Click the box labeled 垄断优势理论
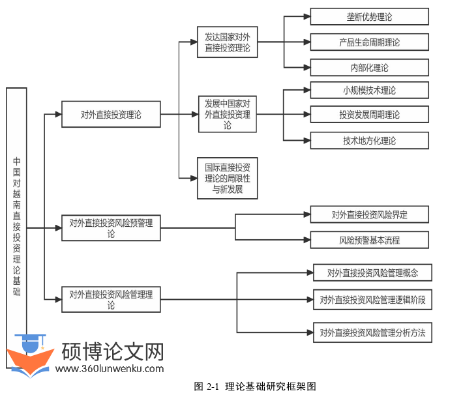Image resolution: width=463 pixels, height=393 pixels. click(x=369, y=16)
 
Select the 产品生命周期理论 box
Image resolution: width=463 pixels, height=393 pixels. click(x=369, y=42)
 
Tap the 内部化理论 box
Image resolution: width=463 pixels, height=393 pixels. click(x=369, y=68)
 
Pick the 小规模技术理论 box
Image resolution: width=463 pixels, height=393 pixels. click(x=369, y=90)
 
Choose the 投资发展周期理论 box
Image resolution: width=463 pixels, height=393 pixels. click(x=369, y=115)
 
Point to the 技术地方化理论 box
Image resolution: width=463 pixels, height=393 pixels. click(x=369, y=140)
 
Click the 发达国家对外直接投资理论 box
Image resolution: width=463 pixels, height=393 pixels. click(x=227, y=43)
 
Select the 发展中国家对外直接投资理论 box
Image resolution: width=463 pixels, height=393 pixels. click(x=227, y=115)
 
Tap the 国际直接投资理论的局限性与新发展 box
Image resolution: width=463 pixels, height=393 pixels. click(x=227, y=177)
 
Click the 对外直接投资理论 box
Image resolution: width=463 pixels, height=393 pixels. click(x=111, y=115)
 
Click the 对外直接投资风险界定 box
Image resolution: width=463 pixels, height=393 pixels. click(x=369, y=214)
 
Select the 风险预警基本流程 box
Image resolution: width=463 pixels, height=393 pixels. click(x=369, y=240)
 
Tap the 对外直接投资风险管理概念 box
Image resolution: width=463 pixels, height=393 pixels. click(x=372, y=273)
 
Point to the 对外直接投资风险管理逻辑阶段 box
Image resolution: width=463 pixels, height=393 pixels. click(x=372, y=300)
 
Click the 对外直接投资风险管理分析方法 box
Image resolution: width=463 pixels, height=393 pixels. click(x=372, y=332)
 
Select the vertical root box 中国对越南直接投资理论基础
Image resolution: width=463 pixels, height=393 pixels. click(x=17, y=215)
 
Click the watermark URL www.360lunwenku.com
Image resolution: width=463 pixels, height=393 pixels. click(x=110, y=369)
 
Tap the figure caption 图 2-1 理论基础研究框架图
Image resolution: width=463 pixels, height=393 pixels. click(x=255, y=386)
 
